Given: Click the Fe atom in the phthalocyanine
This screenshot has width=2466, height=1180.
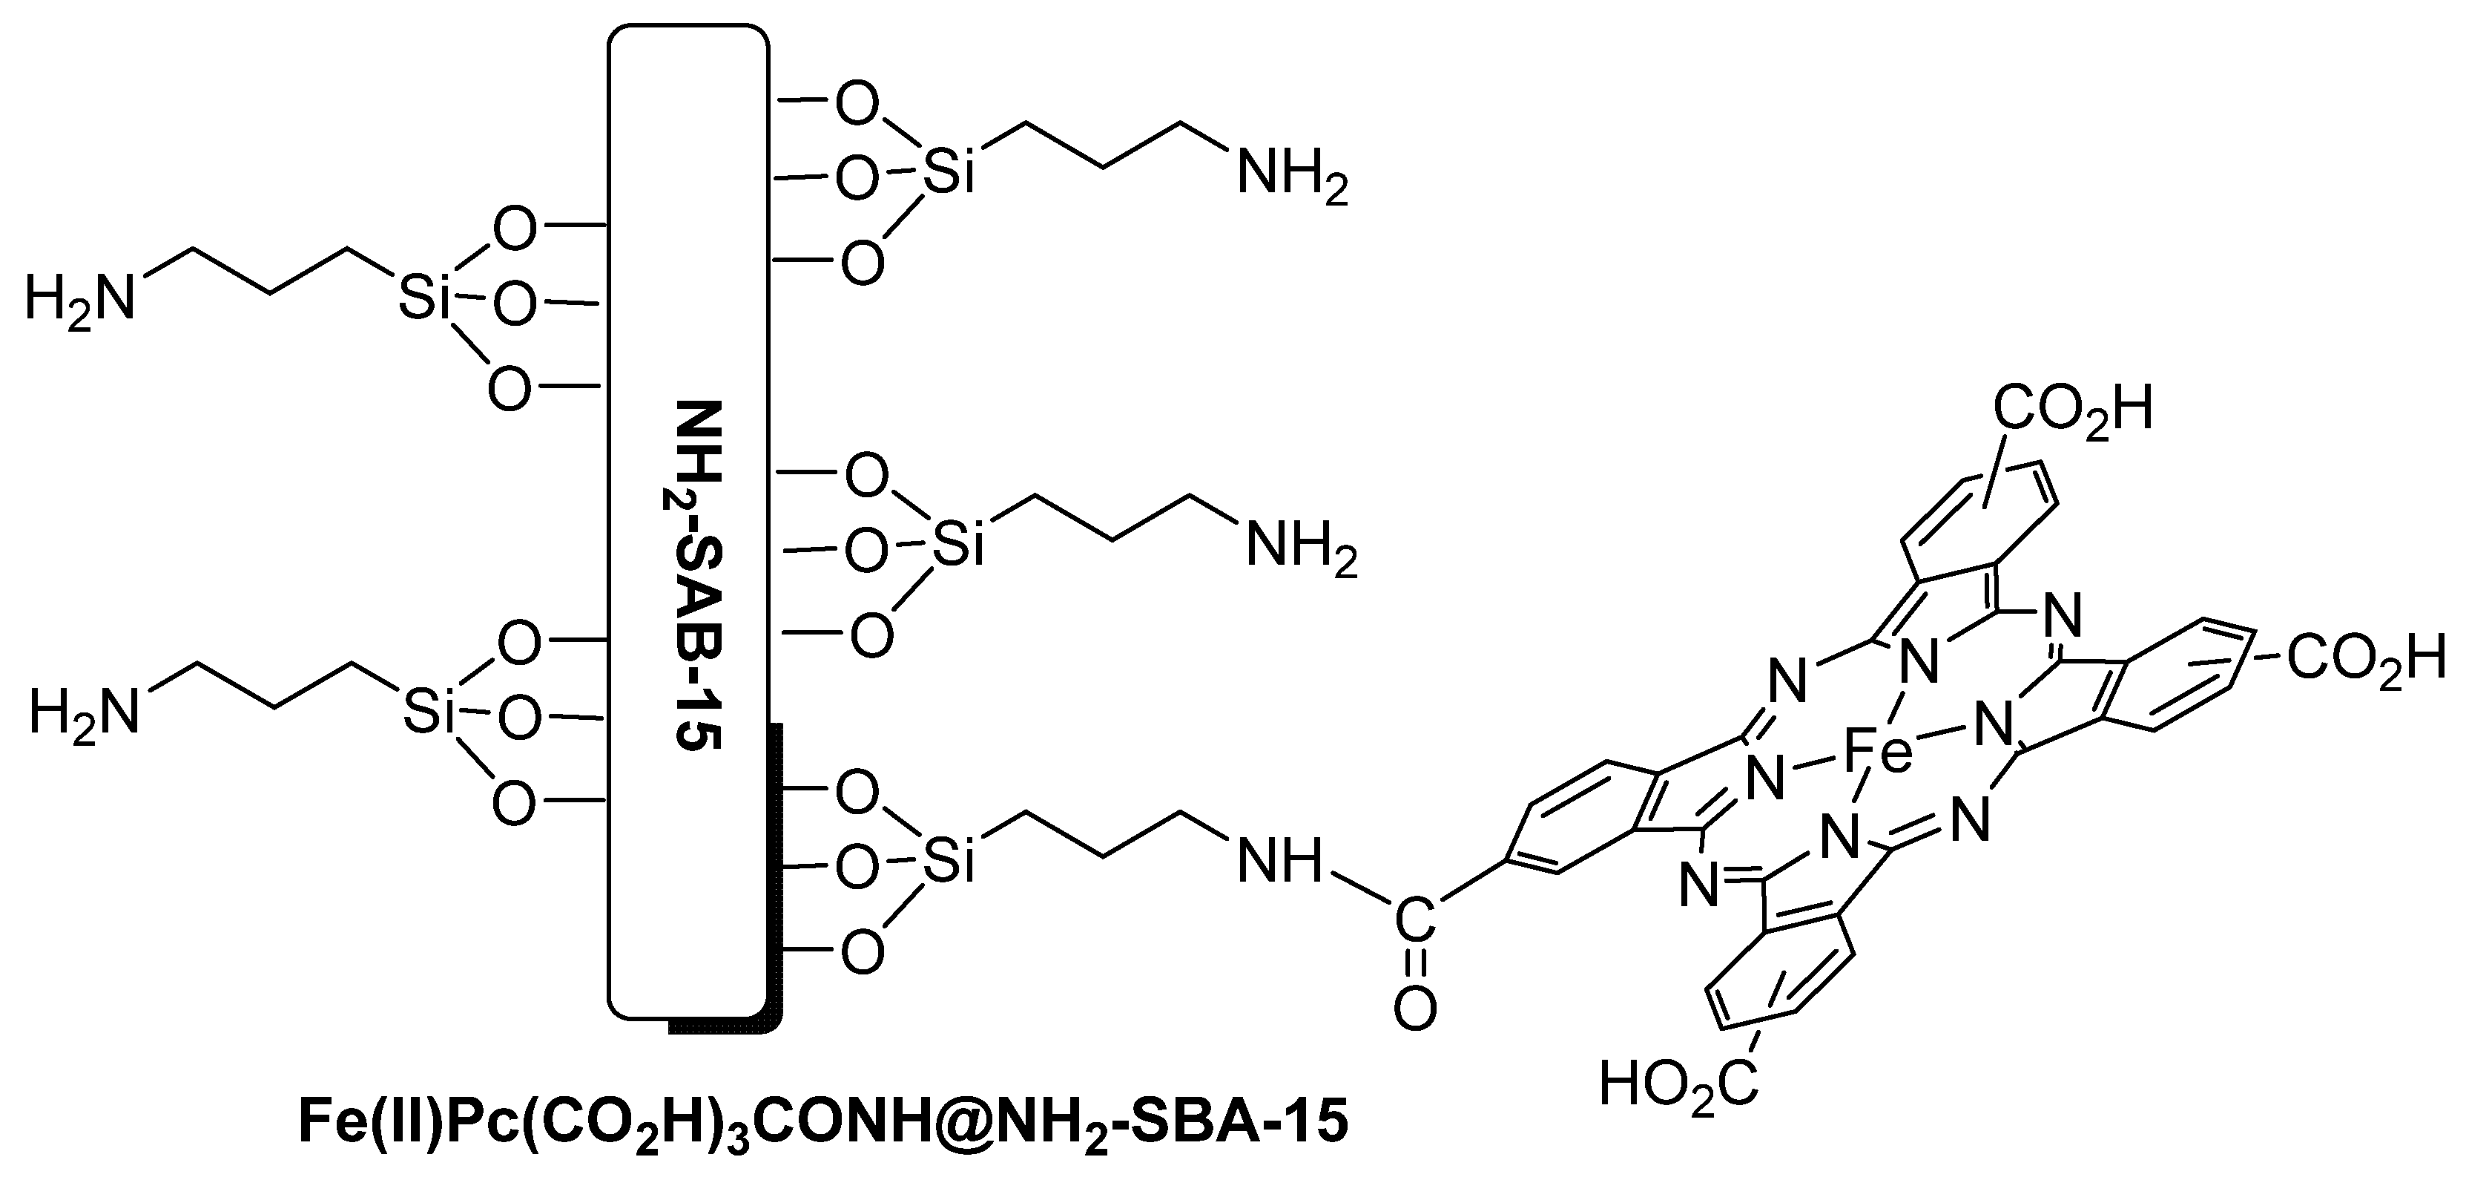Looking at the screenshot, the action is (1877, 752).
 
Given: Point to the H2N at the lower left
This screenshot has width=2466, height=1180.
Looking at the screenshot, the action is (85, 715).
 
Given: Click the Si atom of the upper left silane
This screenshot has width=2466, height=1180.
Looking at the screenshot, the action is (424, 299).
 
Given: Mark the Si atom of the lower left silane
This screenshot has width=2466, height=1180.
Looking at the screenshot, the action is (427, 715).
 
